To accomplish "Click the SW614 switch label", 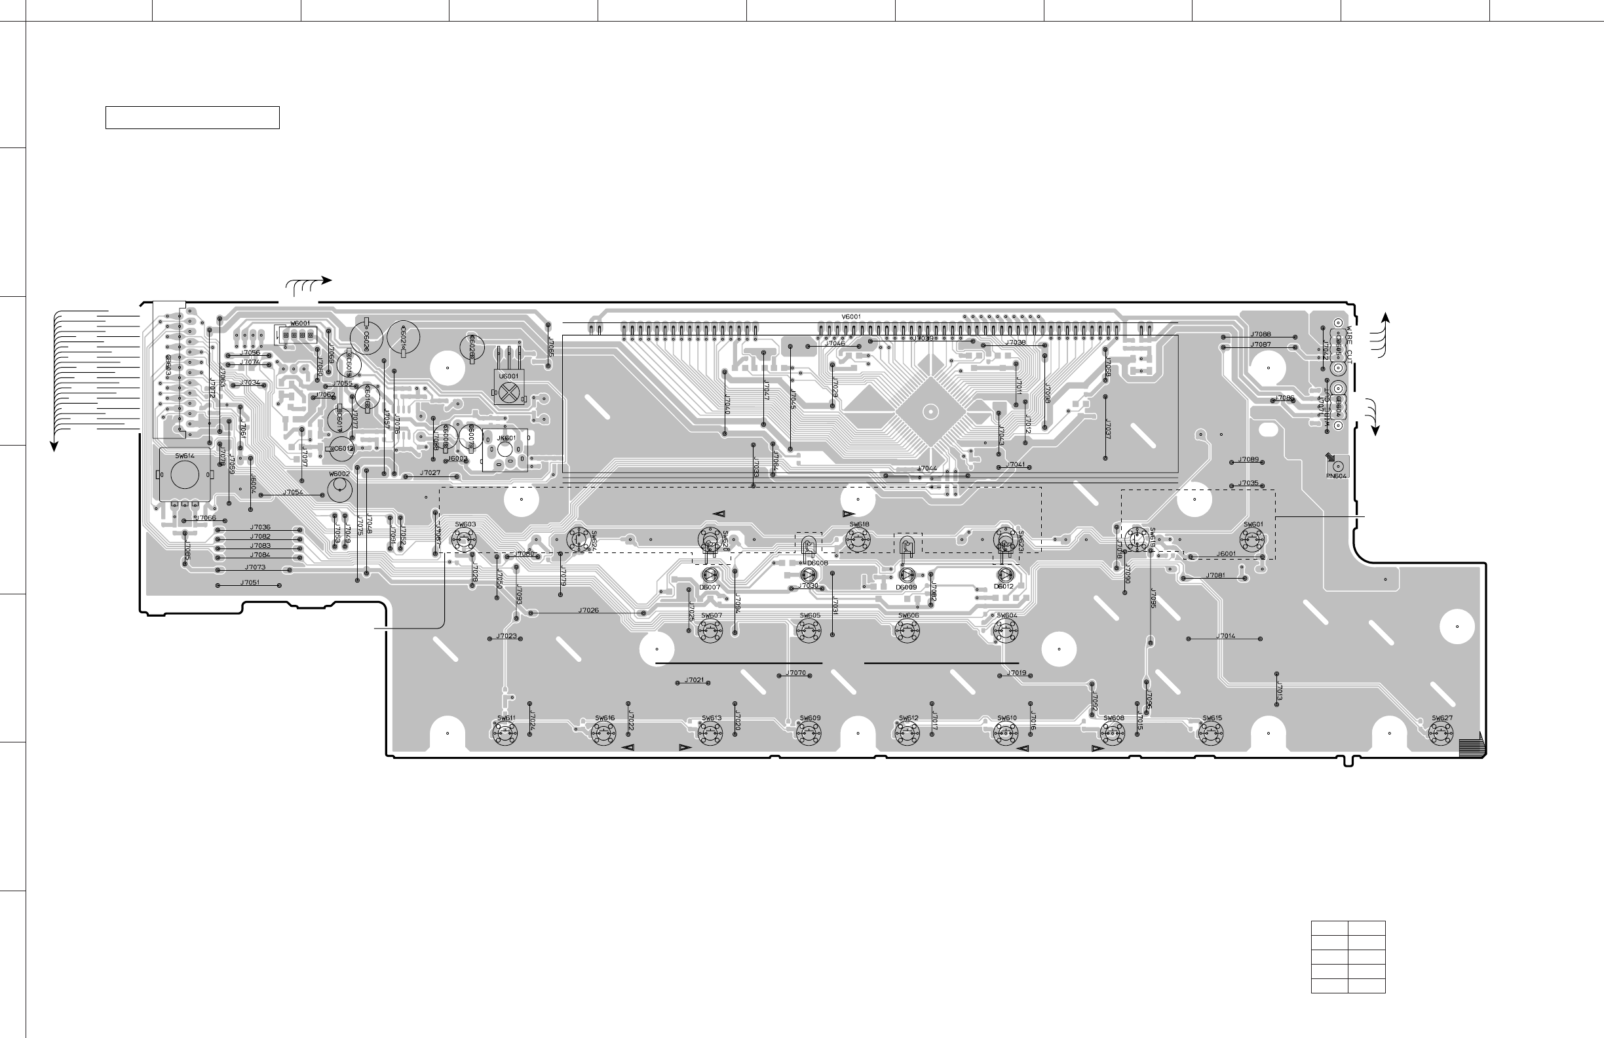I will pyautogui.click(x=185, y=456).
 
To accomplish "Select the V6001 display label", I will pyautogui.click(x=851, y=317).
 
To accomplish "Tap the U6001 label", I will pyautogui.click(x=509, y=376).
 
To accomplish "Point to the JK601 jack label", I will pyautogui.click(x=506, y=438).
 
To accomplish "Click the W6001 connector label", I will pyautogui.click(x=300, y=324).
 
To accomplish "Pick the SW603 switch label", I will pyautogui.click(x=465, y=524).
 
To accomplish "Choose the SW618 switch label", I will pyautogui.click(x=859, y=524).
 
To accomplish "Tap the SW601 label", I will pyautogui.click(x=1253, y=524).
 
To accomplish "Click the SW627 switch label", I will pyautogui.click(x=1442, y=718).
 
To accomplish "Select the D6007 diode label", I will pyautogui.click(x=710, y=587).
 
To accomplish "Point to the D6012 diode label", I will pyautogui.click(x=1004, y=586).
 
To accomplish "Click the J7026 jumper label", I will pyautogui.click(x=588, y=611).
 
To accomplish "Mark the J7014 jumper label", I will pyautogui.click(x=1226, y=636).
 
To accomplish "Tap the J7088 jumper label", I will pyautogui.click(x=1261, y=334).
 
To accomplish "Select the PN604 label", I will pyautogui.click(x=1337, y=476).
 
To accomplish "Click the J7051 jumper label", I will pyautogui.click(x=250, y=583).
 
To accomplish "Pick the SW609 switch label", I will pyautogui.click(x=810, y=718).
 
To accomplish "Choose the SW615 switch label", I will pyautogui.click(x=1212, y=718).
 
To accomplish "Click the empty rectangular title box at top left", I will pyautogui.click(x=192, y=117).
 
